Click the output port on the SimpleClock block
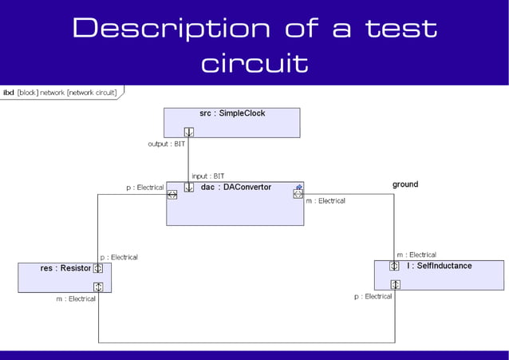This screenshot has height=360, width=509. [189, 132]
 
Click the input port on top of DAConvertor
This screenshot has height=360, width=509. [189, 188]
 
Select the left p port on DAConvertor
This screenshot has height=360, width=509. [172, 195]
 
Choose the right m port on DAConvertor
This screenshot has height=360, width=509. [298, 195]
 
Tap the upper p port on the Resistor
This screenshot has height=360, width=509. [98, 268]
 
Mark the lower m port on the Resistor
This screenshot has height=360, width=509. [98, 287]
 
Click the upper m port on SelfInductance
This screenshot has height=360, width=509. [394, 266]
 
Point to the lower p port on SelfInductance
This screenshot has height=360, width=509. [394, 284]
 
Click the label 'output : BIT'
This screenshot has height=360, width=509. [167, 144]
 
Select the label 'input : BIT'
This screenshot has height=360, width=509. [208, 176]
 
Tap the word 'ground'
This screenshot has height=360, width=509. [404, 184]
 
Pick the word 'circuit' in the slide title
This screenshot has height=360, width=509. [254, 62]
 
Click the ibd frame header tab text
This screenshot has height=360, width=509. [60, 93]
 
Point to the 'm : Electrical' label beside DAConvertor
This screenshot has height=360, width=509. [326, 201]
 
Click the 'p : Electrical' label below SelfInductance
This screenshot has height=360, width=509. [373, 296]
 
